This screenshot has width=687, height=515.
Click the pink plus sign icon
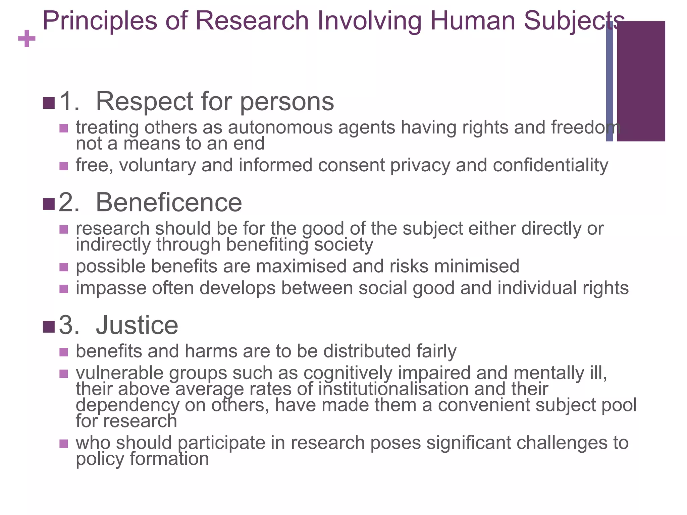[27, 39]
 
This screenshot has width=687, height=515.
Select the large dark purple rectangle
[641, 81]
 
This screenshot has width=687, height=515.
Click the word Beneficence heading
[169, 203]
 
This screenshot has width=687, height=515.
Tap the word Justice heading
[137, 325]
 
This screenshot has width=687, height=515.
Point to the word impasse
[111, 288]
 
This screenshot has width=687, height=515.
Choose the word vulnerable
[119, 373]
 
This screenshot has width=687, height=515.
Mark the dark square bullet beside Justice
[49, 327]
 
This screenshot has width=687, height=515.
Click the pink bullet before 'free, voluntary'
[63, 166]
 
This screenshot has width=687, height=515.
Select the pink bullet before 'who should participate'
[63, 444]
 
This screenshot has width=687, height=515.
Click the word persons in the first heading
[287, 102]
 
